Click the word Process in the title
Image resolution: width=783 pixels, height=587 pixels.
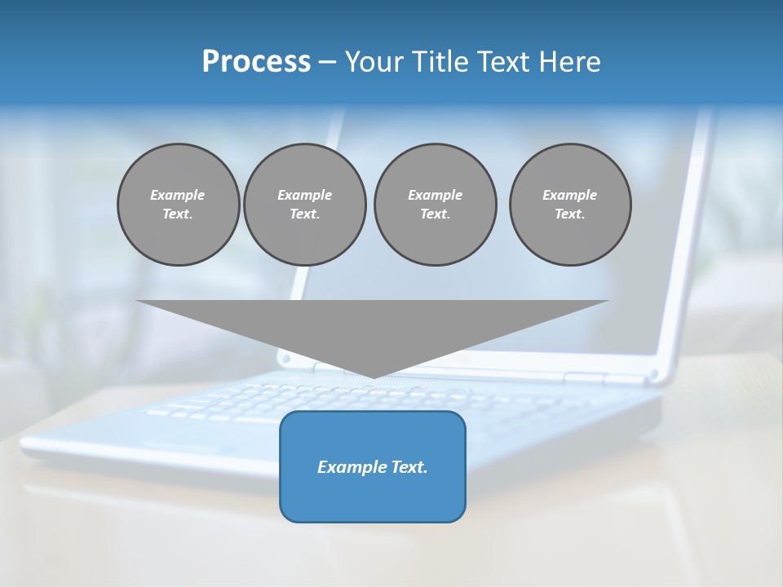click(256, 62)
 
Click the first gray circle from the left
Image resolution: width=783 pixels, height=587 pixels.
click(178, 205)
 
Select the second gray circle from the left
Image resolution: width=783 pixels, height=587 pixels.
click(304, 205)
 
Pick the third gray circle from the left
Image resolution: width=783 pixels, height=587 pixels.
click(435, 205)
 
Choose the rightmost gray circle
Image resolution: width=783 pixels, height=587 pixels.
click(570, 205)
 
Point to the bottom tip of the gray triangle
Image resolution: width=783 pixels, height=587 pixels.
click(374, 377)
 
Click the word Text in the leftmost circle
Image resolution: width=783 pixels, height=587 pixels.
click(177, 214)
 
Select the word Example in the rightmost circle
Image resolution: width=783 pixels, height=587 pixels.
click(569, 195)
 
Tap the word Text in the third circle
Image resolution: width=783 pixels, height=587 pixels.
click(434, 214)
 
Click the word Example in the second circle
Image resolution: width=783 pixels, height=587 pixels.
click(304, 195)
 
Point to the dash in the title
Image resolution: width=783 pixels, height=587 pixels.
click(327, 62)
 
